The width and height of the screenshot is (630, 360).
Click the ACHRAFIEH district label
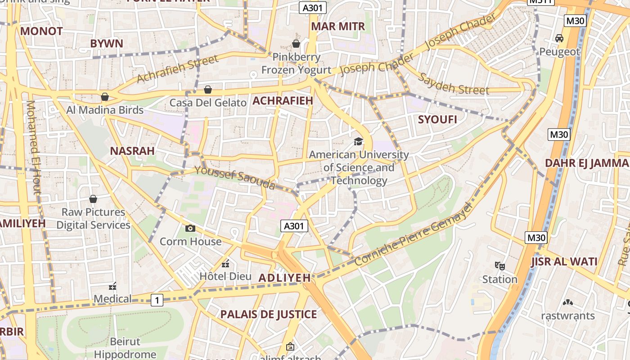[x=283, y=101]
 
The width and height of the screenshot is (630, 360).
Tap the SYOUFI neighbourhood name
[x=437, y=120]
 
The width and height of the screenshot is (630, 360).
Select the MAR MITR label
[x=338, y=27]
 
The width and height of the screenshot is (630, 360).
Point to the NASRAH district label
[x=132, y=151]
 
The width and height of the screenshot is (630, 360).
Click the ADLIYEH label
[x=284, y=278]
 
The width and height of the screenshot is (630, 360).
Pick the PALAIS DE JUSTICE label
[x=268, y=315]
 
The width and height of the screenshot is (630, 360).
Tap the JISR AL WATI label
[x=564, y=262]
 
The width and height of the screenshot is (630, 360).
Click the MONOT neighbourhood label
[x=41, y=31]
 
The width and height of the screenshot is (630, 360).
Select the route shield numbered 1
[x=157, y=300]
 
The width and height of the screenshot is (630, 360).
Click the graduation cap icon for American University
[x=358, y=142]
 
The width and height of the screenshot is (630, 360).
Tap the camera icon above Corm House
[x=190, y=229]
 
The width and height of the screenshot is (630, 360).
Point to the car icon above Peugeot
[x=559, y=39]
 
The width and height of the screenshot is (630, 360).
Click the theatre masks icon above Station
[x=499, y=266]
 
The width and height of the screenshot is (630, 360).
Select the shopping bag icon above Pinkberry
[x=296, y=44]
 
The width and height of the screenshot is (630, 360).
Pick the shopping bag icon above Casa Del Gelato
[x=208, y=90]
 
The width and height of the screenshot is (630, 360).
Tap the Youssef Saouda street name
[x=234, y=178]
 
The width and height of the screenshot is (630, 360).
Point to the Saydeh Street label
[x=453, y=83]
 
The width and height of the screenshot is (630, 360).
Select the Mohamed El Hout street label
[x=33, y=147]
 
